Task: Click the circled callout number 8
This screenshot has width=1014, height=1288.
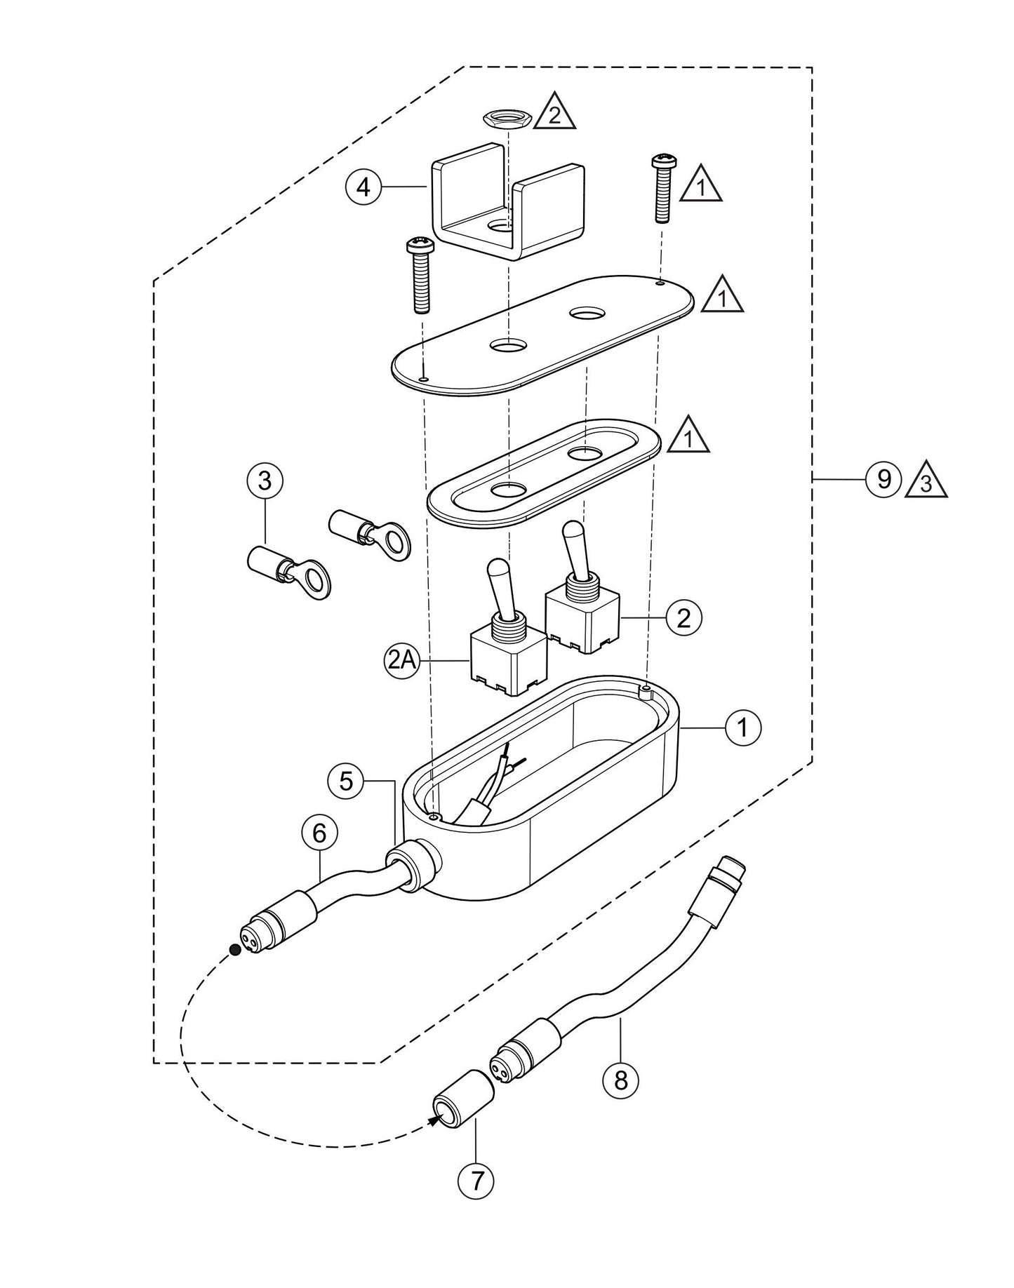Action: pos(620,1080)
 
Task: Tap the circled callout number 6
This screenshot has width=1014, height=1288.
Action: pos(319,833)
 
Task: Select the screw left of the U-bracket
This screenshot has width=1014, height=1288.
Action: pos(420,275)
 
